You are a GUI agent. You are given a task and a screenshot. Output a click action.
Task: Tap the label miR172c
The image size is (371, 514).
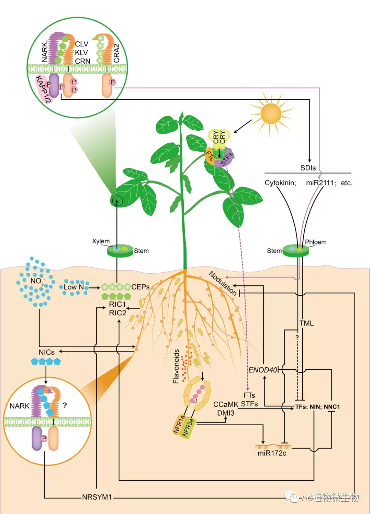tap(272, 453)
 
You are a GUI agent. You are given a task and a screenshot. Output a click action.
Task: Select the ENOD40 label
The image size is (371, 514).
tap(263, 370)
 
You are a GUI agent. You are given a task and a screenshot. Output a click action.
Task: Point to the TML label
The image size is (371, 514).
tap(306, 323)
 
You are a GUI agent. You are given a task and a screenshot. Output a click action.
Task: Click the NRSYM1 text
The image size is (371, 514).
tap(97, 497)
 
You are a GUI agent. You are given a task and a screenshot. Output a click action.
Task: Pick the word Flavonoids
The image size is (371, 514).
tap(176, 366)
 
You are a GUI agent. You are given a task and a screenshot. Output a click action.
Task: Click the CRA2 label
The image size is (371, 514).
tap(117, 53)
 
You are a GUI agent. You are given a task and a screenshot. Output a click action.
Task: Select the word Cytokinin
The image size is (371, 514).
tap(280, 183)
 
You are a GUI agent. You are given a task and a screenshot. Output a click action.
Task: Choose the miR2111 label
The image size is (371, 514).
tap(320, 183)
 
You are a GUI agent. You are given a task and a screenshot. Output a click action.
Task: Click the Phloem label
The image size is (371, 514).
tap(316, 242)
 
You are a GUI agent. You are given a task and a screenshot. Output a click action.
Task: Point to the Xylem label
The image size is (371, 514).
tap(101, 241)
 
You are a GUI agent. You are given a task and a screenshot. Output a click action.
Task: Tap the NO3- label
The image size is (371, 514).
tap(37, 281)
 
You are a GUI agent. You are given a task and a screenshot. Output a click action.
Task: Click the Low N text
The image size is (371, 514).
tap(74, 287)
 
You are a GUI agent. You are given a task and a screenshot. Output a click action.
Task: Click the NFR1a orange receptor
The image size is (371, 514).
tap(179, 424)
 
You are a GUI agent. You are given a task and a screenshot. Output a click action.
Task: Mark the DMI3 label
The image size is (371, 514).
tap(226, 413)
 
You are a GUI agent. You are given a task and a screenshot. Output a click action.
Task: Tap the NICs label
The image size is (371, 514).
tap(46, 352)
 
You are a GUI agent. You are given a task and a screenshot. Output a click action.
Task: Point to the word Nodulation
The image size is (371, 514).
tap(223, 283)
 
